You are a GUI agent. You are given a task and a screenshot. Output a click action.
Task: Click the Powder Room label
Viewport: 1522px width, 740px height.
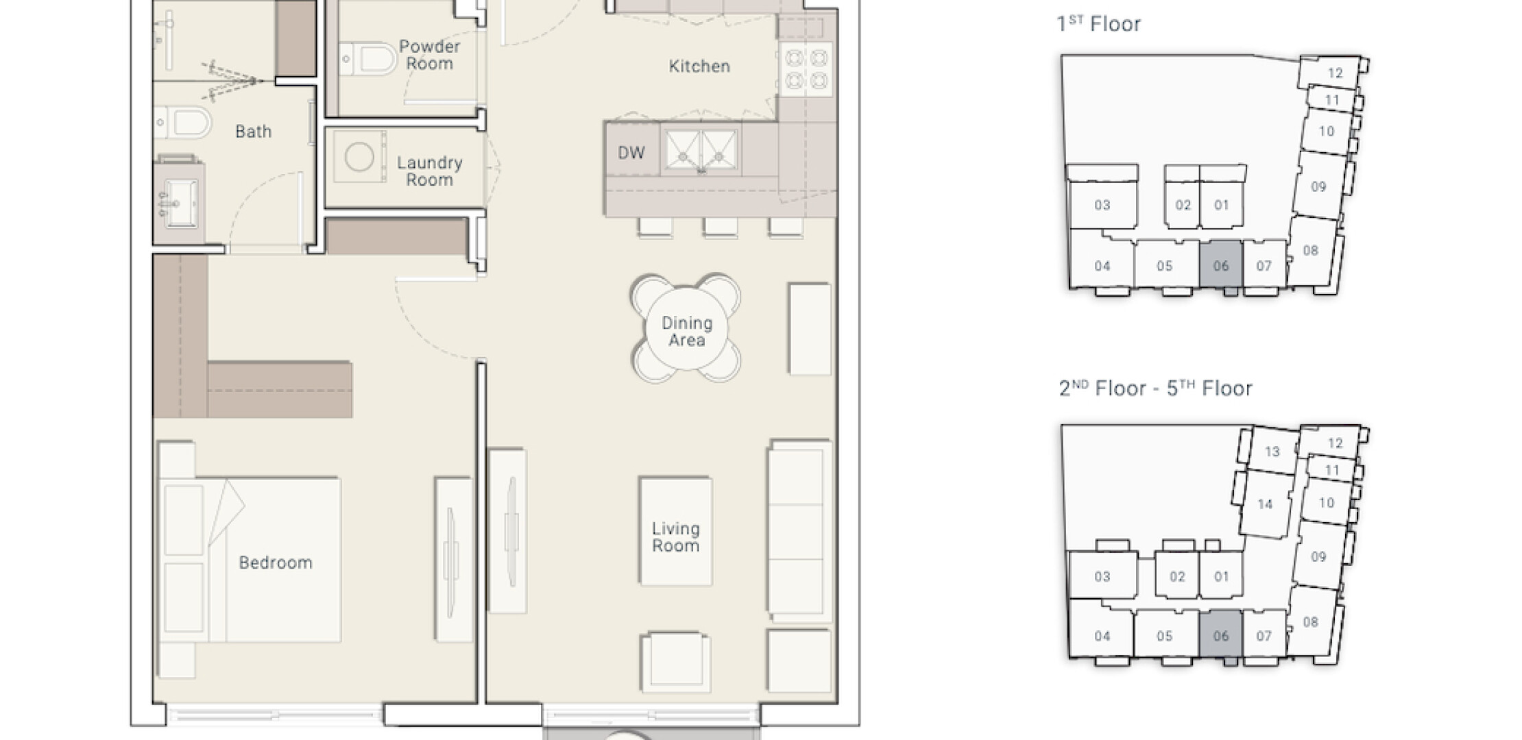(429, 55)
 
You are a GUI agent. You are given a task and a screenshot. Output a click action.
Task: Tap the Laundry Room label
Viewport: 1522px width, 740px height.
(429, 171)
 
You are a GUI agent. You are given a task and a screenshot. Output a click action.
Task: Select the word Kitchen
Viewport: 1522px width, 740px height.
(699, 66)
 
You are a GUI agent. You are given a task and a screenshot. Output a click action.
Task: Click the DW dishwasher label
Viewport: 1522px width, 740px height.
(631, 153)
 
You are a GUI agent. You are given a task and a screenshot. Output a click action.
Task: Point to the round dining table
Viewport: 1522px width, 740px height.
(686, 329)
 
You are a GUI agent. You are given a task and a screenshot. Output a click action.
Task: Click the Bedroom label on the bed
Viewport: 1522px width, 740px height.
(276, 563)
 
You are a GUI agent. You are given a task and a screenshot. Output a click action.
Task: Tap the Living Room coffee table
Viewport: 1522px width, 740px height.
(675, 532)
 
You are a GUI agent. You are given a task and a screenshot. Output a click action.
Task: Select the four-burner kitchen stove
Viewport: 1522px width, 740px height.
(807, 69)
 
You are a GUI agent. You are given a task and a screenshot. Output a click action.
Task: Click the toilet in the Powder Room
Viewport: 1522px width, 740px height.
(368, 59)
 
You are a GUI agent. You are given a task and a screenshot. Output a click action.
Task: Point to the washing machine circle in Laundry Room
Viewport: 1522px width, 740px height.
(359, 157)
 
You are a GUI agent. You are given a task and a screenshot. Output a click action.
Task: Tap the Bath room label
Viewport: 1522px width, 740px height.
(253, 132)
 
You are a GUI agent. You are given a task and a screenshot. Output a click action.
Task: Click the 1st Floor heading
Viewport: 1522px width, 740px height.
(1099, 24)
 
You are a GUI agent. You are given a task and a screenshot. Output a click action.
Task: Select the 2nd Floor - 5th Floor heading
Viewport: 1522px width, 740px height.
(1155, 388)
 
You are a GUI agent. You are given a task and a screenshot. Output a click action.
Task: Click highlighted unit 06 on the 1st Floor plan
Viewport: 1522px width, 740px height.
(1220, 264)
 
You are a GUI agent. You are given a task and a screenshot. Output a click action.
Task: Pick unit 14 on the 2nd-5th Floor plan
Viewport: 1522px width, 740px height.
(1265, 504)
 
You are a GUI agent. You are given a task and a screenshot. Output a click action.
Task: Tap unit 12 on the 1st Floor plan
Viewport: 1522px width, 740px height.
(1334, 73)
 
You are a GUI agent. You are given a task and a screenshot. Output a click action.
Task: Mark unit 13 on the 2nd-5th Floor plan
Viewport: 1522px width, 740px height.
(1272, 452)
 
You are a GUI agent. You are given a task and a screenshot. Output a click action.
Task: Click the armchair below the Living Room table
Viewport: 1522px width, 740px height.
(675, 662)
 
